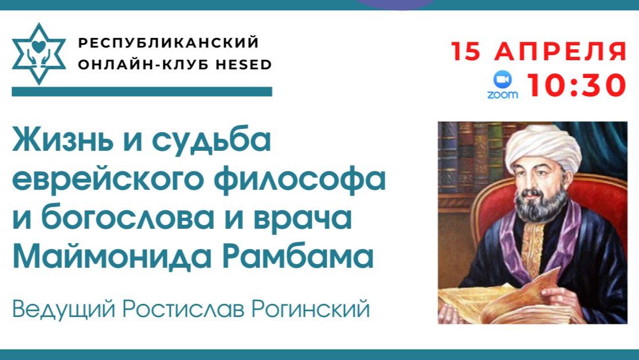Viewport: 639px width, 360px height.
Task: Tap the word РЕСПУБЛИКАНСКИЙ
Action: coord(168,43)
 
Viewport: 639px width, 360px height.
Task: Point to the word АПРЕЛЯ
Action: coord(561,52)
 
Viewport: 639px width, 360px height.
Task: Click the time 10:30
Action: coord(576,85)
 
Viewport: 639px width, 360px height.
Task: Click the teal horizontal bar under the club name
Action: coord(142,92)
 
